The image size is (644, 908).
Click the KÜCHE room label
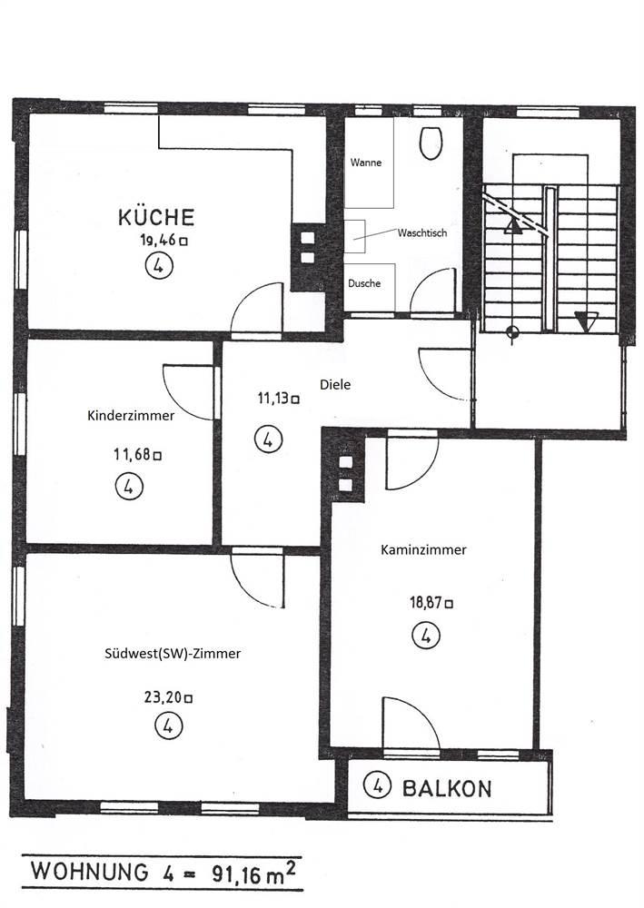(156, 217)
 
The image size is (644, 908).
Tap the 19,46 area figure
(158, 241)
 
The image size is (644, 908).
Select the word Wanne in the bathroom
(366, 163)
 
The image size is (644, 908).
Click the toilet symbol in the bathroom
(431, 143)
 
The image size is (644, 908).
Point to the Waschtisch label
(422, 232)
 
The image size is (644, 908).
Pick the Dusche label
(364, 283)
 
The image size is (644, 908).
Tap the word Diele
(335, 384)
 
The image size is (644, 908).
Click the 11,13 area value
(273, 398)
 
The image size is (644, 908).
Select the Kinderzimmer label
(131, 415)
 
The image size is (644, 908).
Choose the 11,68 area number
(133, 455)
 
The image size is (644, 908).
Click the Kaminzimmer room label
(423, 549)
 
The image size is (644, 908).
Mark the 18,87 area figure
(426, 602)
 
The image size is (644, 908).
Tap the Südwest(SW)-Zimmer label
(173, 653)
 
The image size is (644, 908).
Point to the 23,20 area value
(163, 697)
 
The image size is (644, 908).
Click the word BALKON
(447, 789)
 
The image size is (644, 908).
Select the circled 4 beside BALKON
(377, 785)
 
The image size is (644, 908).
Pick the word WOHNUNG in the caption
(89, 872)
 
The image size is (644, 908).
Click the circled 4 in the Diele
(268, 439)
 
